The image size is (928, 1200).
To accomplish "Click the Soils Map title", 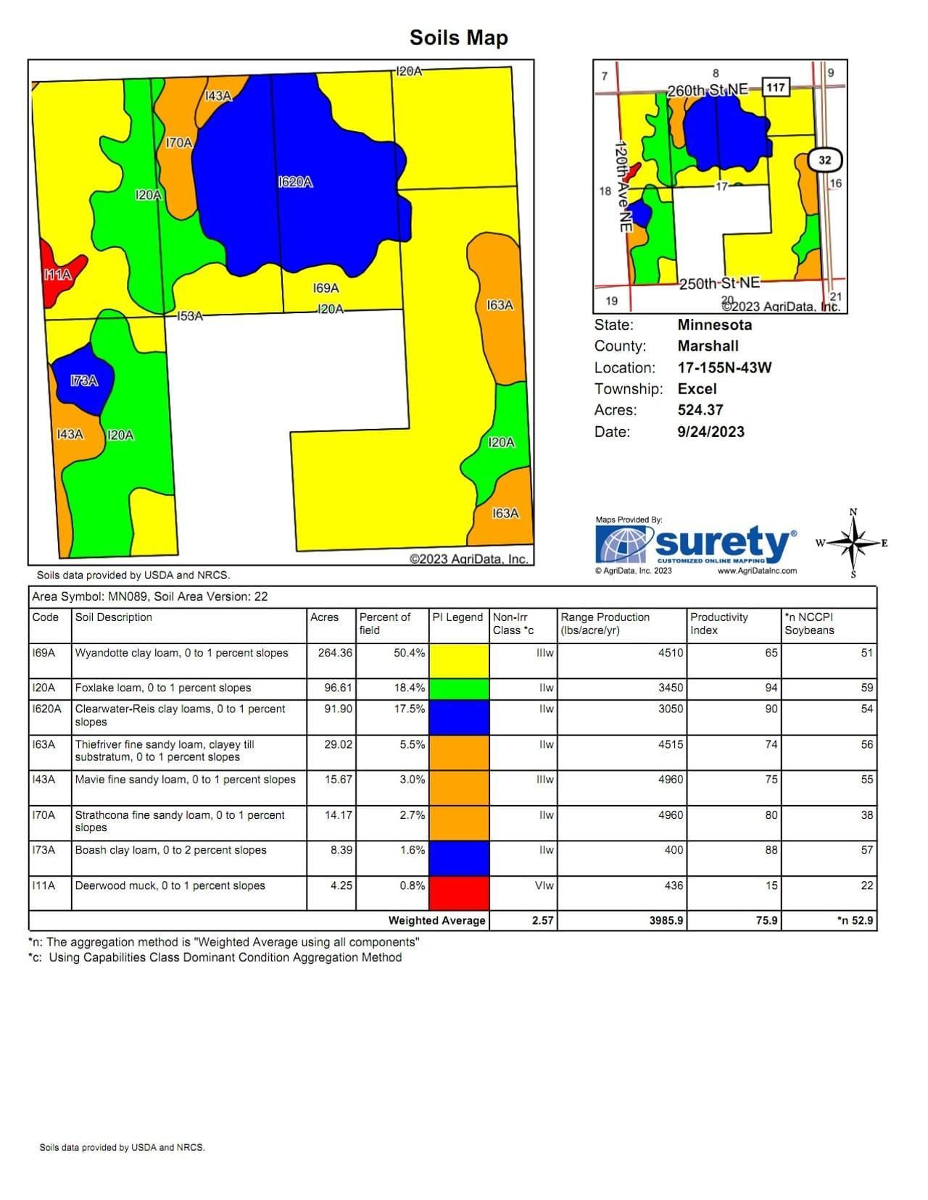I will point(458,38).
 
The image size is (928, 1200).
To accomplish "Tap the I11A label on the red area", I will point(57,275).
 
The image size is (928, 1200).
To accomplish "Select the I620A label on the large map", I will point(295,183).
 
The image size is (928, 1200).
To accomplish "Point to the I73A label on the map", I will point(84,381).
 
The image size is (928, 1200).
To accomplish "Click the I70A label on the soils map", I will point(179,143).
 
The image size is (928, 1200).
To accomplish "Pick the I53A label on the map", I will point(190,317).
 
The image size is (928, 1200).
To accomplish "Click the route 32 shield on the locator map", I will point(824,160).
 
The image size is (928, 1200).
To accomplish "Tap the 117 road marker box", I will point(775,88).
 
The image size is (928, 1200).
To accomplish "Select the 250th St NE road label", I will point(719,283).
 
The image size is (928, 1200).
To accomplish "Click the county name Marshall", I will point(708,346).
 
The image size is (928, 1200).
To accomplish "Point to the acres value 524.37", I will point(700,410).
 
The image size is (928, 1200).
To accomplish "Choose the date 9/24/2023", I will point(710,432).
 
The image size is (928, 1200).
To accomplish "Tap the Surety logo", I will point(695,545).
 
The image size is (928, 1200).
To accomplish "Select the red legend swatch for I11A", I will point(459,893).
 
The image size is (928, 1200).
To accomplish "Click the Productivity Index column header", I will point(718,623).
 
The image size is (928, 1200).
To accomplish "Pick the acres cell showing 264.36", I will point(335,653).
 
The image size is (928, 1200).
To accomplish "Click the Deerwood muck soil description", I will point(170,886).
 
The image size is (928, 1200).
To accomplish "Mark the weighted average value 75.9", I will point(766,921).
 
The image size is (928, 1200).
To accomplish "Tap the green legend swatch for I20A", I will point(459,688).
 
